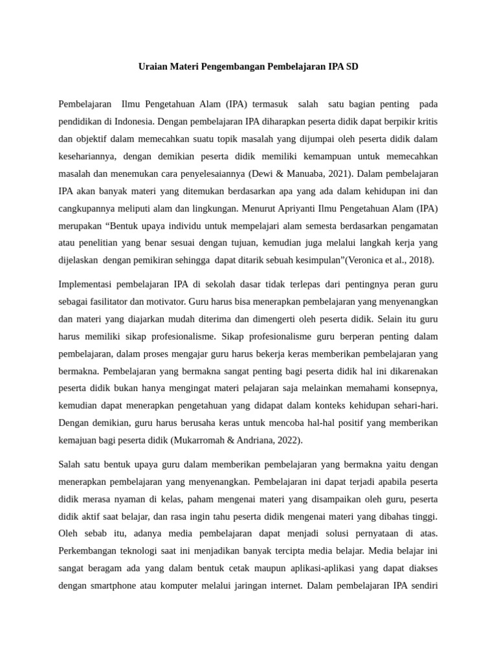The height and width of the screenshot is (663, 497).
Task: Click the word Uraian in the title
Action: pyautogui.click(x=153, y=67)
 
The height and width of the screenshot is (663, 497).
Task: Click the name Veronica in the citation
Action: pyautogui.click(x=366, y=260)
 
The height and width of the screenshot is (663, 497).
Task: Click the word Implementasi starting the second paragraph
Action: pyautogui.click(x=88, y=284)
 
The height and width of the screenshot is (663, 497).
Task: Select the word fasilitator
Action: pyautogui.click(x=115, y=302)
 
